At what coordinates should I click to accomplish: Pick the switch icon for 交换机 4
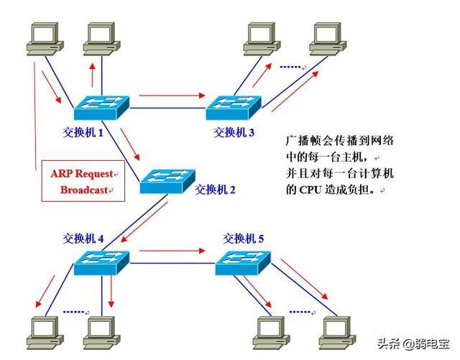tap(101, 264)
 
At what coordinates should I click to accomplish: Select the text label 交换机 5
tap(244, 238)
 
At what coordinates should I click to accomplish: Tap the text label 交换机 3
tap(234, 132)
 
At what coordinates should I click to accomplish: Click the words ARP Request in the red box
tap(80, 173)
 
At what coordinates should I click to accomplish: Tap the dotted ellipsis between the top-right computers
tap(290, 67)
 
